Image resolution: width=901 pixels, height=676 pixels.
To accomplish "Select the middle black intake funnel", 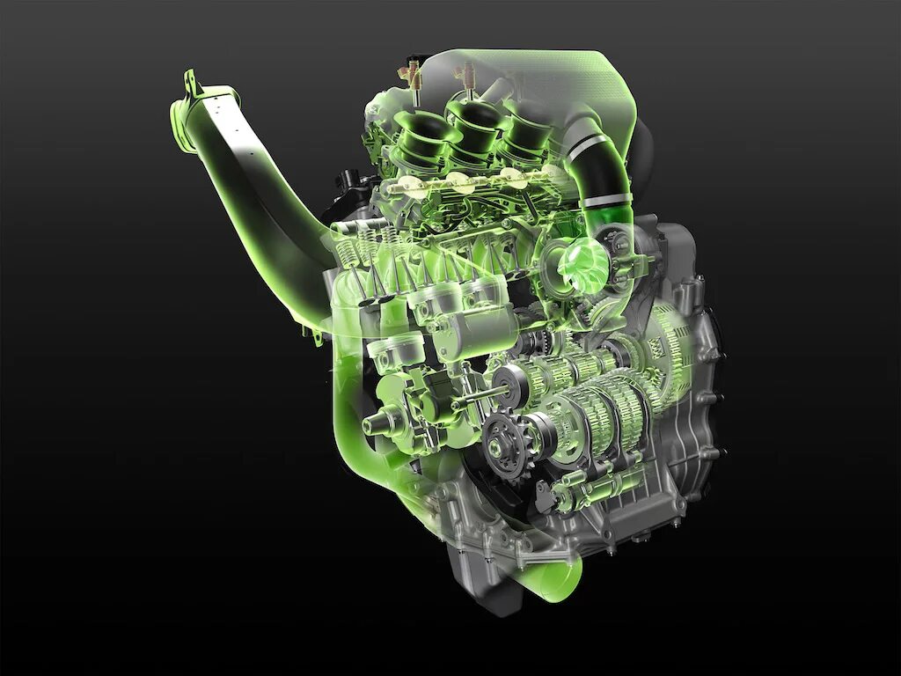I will [471, 122].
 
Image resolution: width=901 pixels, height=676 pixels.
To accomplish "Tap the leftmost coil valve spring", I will [346, 256].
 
